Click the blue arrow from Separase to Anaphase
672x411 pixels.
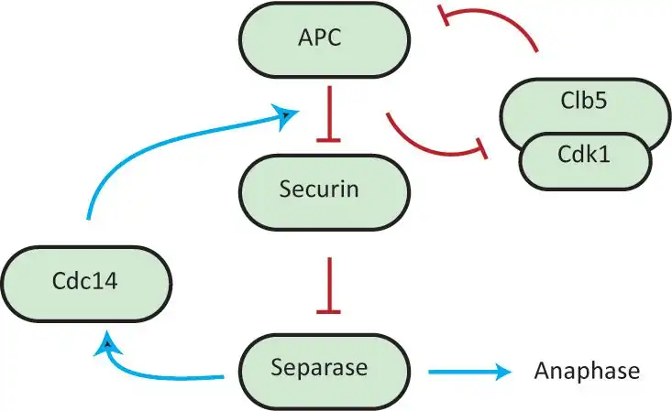point(468,372)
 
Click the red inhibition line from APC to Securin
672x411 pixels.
point(328,113)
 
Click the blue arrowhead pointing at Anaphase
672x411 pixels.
point(502,372)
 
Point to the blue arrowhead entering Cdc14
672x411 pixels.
point(109,344)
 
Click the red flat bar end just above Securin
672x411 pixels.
point(328,141)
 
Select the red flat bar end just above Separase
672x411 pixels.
point(328,312)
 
